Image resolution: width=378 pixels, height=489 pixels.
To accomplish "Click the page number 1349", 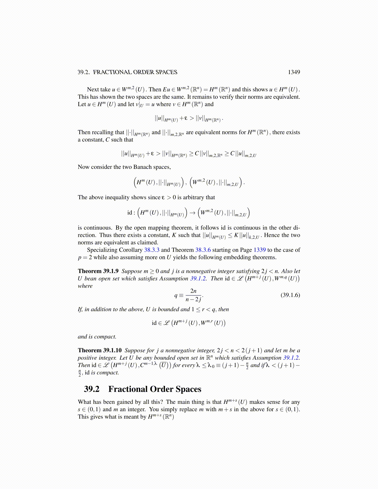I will tap(294, 72).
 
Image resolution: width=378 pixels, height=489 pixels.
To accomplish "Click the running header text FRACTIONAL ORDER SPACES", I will tap(135, 72).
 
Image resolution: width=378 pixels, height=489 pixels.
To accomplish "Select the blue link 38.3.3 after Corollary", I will tap(152, 250).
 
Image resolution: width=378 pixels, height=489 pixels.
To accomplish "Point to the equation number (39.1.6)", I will tap(290, 295).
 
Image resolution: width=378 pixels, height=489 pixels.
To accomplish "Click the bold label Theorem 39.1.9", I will tap(98, 271).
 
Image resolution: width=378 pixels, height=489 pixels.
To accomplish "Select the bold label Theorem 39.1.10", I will tap(99, 350).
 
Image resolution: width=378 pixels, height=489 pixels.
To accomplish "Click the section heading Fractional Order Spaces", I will tap(155, 389).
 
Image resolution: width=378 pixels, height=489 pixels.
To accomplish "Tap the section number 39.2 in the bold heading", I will tap(92, 389).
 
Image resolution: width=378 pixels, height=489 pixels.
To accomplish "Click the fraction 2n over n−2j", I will tap(194, 295).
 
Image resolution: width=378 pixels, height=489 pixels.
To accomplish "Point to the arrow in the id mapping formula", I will tap(192, 213).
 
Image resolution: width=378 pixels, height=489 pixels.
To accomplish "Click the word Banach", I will tap(143, 167).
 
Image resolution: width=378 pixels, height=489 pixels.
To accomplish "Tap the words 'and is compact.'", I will tap(97, 337).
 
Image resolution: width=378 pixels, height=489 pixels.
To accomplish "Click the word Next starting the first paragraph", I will tap(93, 90).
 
